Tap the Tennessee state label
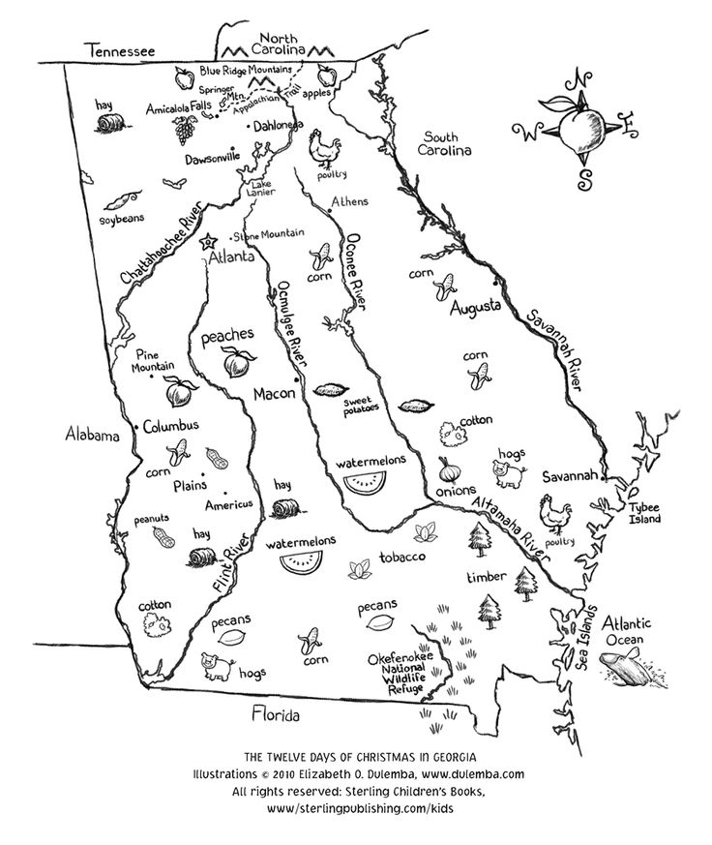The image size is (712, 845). point(120,49)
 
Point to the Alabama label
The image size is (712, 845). point(93,435)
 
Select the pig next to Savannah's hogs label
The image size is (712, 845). point(507,473)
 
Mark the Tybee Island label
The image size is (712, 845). point(641,513)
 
